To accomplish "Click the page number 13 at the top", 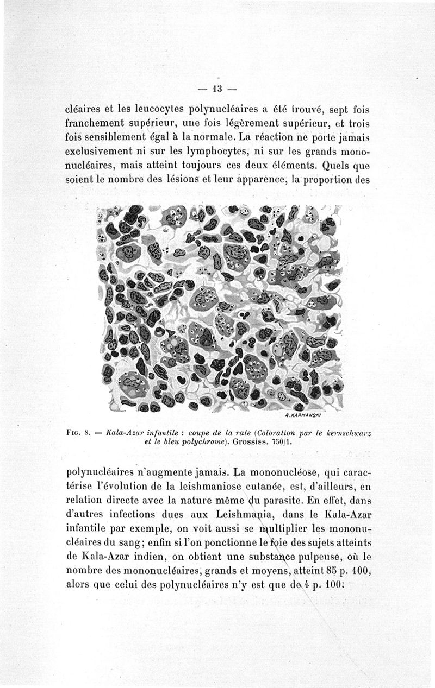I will point(217,88).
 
